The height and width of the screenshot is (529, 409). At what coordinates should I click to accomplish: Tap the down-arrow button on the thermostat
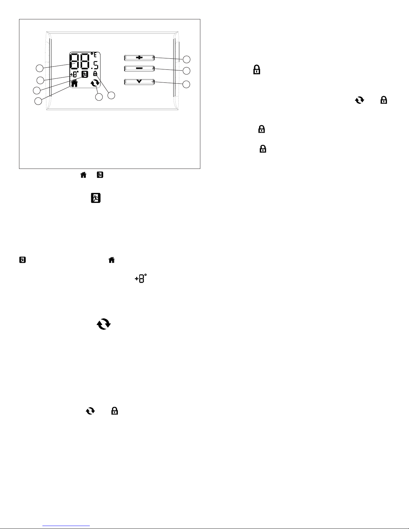[x=139, y=82]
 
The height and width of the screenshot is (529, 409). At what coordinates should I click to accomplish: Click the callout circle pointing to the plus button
[x=187, y=59]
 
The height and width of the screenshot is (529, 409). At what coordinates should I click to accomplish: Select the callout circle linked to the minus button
[x=187, y=71]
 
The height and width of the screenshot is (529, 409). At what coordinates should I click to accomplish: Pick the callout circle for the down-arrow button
[x=187, y=84]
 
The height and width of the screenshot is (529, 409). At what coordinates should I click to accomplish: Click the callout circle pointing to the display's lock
[x=112, y=95]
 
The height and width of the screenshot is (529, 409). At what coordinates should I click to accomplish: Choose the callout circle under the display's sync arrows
[x=98, y=97]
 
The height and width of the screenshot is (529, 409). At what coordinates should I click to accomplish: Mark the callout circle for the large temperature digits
[x=40, y=68]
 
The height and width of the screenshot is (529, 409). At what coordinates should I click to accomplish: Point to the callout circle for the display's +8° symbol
[x=40, y=80]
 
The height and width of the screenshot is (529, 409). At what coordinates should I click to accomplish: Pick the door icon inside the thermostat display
[x=85, y=74]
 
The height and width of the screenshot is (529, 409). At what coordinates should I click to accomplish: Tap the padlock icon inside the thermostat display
[x=95, y=73]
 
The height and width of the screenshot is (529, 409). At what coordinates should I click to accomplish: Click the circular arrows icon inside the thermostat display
[x=95, y=83]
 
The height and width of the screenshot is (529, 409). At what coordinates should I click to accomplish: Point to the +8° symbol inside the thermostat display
[x=74, y=74]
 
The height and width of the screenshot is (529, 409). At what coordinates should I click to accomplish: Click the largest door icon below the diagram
[x=96, y=198]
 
